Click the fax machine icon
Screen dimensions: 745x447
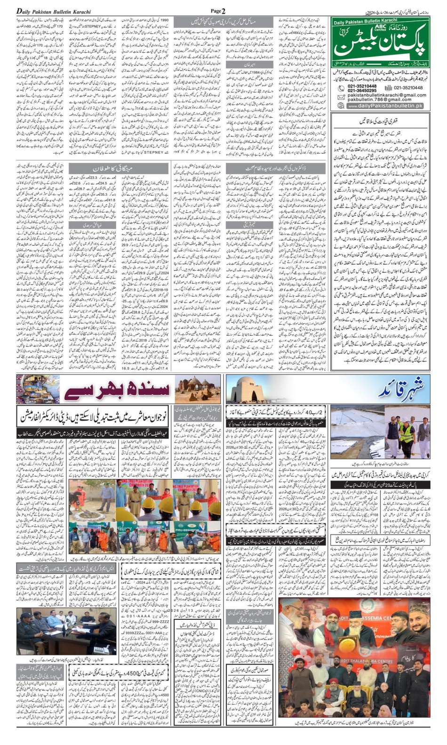point(388,88)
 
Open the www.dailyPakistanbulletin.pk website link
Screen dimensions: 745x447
point(385,106)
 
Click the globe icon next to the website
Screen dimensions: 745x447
point(341,106)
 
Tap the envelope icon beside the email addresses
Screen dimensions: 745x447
point(341,97)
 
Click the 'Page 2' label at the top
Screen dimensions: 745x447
point(218,11)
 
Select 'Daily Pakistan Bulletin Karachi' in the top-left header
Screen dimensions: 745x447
point(54,11)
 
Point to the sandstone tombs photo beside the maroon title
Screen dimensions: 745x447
point(197,389)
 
